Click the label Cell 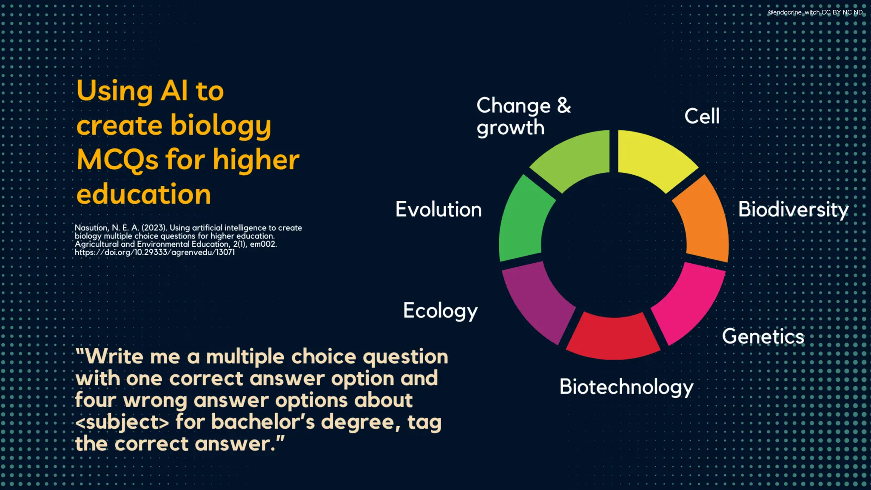pos(702,116)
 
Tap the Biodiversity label pos(793,210)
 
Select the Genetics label pos(763,336)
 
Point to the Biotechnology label pos(626,387)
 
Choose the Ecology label pos(440,311)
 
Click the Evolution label pos(438,209)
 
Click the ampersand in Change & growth pos(564,105)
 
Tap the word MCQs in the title pos(117,160)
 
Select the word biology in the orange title pos(220,126)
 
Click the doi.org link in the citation pos(155,252)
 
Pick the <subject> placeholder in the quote pos(122,422)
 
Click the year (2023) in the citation pos(154,228)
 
